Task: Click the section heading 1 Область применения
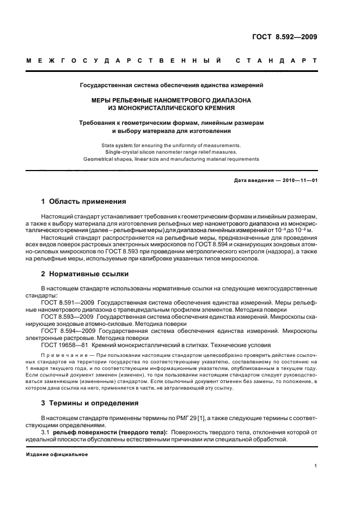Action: pyautogui.click(x=84, y=201)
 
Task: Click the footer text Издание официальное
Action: pyautogui.click(x=57, y=453)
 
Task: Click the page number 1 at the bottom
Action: pyautogui.click(x=316, y=466)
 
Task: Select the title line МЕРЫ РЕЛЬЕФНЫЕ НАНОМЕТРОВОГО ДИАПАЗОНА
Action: pyautogui.click(x=172, y=101)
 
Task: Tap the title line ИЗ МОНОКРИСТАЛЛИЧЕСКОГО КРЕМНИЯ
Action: pyautogui.click(x=172, y=108)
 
